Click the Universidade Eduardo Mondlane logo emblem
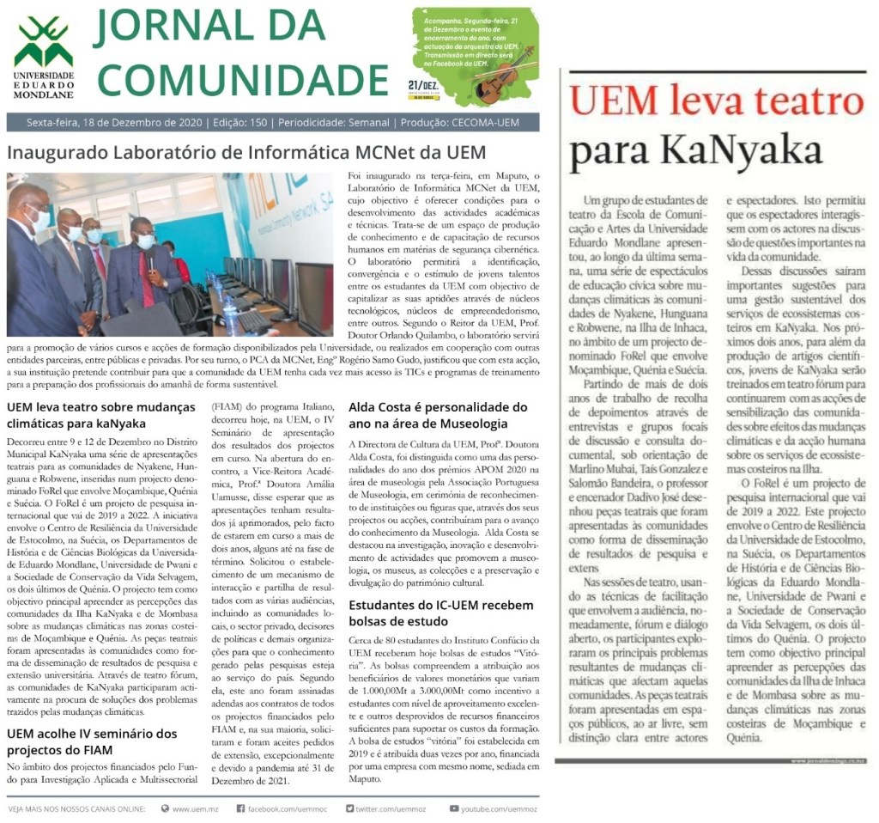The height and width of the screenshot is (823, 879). pos(43,44)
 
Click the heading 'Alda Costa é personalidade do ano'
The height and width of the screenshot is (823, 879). pos(438,415)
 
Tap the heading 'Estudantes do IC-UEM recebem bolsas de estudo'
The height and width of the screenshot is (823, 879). pos(440,613)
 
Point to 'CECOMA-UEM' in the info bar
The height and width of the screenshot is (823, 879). pos(494,123)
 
